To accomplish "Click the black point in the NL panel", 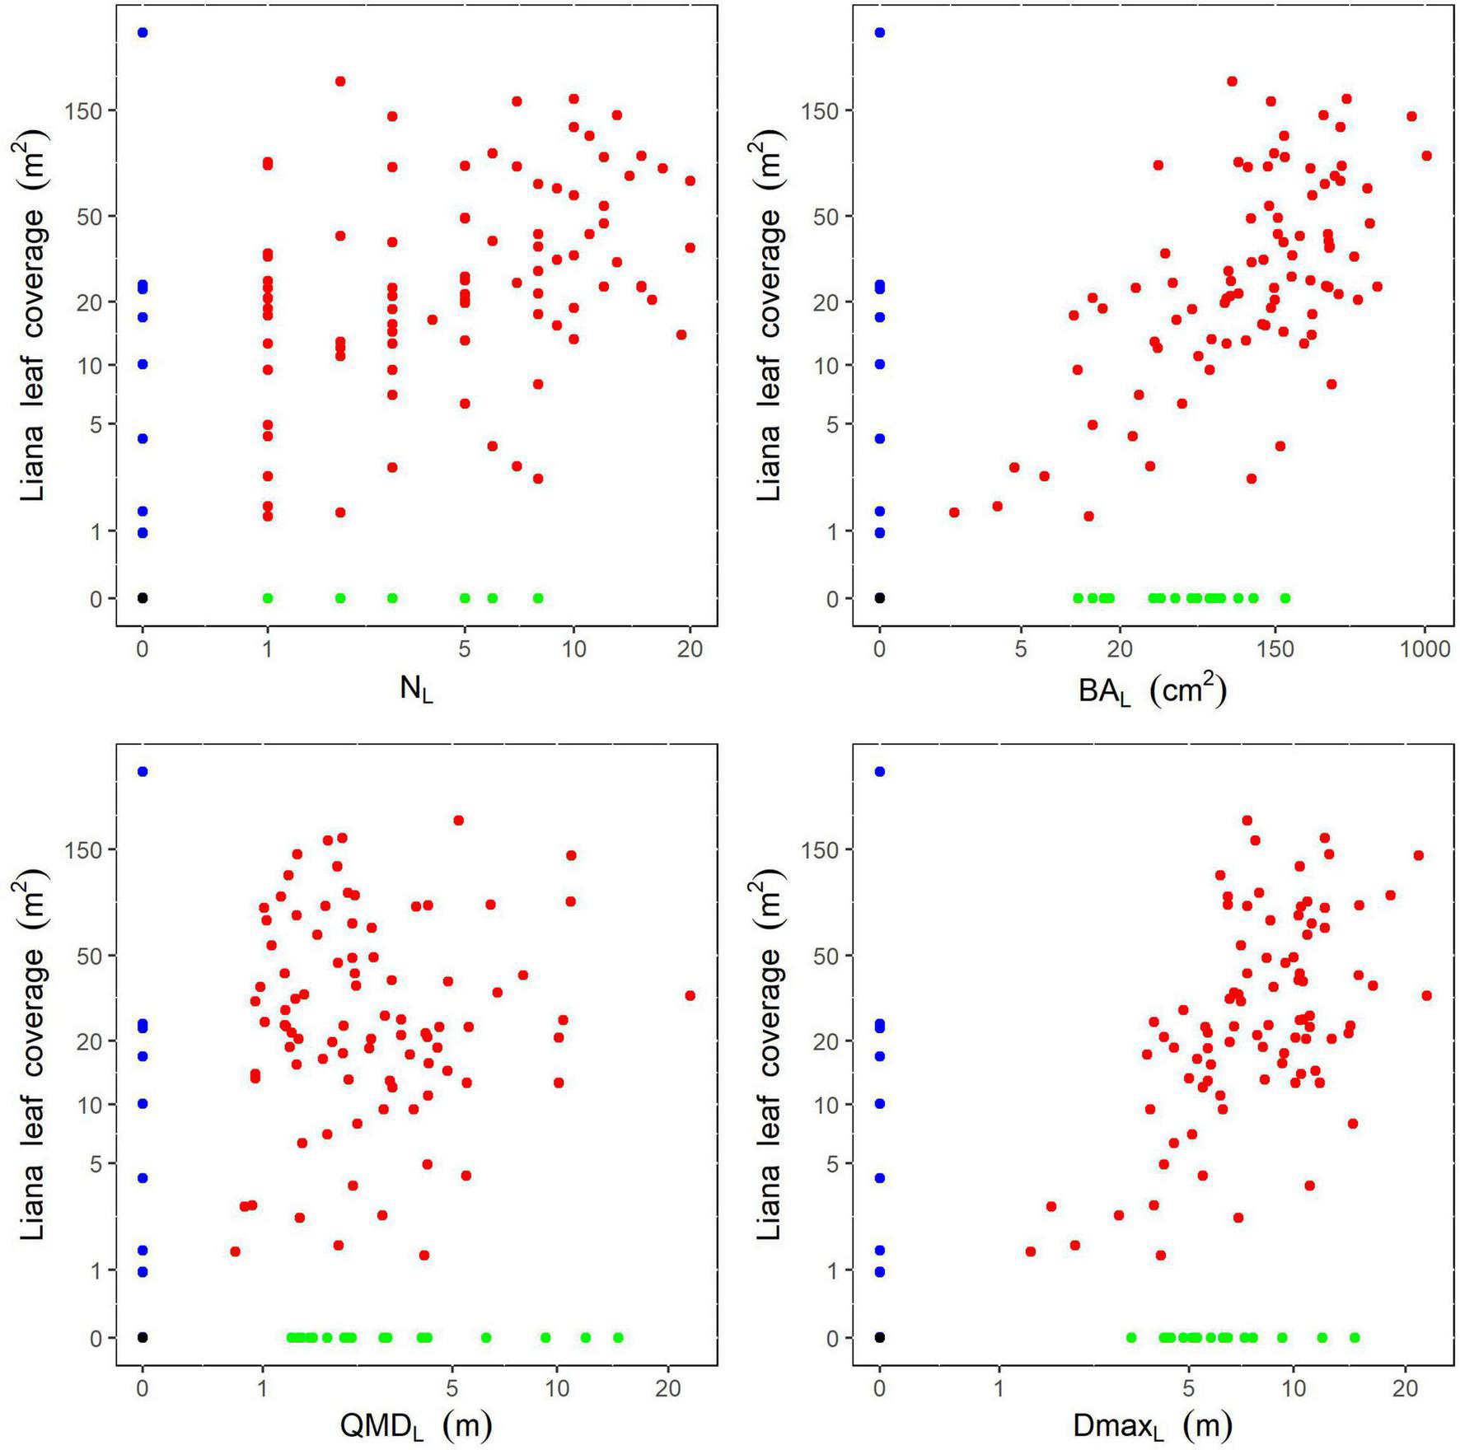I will (143, 598).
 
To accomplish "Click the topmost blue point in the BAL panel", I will (880, 32).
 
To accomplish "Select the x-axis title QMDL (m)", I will (416, 1424).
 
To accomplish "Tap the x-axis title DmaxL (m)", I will (1152, 1424).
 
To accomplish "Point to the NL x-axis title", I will (416, 690).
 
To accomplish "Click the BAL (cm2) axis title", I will (1152, 690).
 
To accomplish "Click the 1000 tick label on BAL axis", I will (1425, 649).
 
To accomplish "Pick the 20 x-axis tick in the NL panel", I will (690, 649).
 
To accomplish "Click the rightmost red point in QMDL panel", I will (690, 995).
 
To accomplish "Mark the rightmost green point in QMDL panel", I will (619, 1337).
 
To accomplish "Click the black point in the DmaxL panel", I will (880, 1337).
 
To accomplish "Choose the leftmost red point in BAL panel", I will (954, 512).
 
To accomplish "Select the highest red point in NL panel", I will (340, 81).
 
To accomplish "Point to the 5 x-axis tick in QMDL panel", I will (452, 1388).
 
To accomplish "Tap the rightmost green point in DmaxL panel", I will (1355, 1337).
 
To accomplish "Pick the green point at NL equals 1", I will (268, 598).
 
